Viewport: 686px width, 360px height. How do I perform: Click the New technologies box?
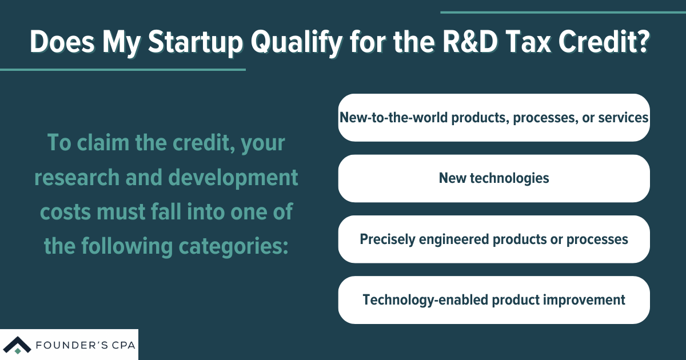pyautogui.click(x=494, y=178)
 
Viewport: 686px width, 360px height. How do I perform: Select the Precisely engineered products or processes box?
pyautogui.click(x=494, y=239)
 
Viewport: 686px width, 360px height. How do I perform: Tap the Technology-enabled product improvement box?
pyautogui.click(x=494, y=299)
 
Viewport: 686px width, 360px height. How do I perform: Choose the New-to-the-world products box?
pyautogui.click(x=494, y=118)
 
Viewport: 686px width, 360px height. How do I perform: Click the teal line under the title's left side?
pyautogui.click(x=122, y=70)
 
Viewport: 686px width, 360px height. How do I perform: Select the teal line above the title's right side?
pyautogui.click(x=563, y=12)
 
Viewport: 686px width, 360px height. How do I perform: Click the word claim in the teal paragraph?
pyautogui.click(x=107, y=142)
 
